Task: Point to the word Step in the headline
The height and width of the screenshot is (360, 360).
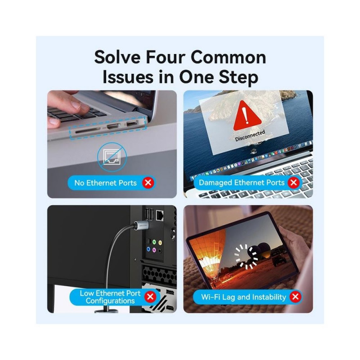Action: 238,77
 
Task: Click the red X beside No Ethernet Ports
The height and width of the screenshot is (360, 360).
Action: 148,183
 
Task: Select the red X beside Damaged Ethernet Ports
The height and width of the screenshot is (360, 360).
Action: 293,183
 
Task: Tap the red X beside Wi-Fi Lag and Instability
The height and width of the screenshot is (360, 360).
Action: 295,297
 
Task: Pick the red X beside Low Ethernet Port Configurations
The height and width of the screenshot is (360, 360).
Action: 150,297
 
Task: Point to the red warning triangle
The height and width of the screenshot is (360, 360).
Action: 247,116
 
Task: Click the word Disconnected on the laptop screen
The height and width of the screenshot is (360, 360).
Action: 250,136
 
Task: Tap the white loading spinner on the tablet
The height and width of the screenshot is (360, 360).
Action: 246,256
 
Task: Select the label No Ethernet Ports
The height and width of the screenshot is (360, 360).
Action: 105,183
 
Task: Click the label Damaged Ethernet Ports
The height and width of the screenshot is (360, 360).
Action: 242,183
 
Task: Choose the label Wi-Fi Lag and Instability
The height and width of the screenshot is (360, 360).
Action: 243,297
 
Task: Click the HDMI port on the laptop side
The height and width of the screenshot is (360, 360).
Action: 113,126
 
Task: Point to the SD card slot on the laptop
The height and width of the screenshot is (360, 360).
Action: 87,131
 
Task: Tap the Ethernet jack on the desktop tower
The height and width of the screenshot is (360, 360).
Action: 160,215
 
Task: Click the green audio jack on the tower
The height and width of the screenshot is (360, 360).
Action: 154,242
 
